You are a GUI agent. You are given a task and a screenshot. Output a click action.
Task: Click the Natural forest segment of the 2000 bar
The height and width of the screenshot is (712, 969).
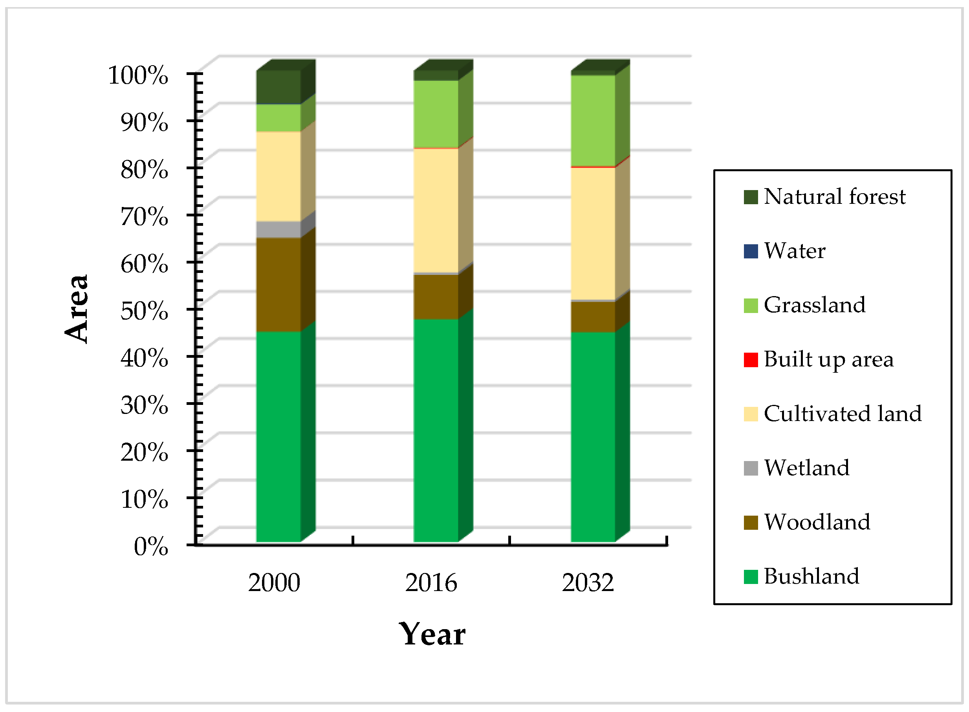278,87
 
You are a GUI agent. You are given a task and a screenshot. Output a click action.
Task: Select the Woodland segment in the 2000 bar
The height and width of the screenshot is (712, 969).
278,284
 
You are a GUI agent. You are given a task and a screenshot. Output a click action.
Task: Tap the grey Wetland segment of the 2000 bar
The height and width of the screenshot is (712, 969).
278,230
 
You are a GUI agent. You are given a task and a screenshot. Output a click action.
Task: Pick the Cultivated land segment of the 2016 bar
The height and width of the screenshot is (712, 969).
436,211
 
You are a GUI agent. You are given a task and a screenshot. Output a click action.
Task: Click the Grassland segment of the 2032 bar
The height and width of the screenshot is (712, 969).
593,121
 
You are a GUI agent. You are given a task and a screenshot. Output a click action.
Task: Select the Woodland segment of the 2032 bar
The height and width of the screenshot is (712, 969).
593,317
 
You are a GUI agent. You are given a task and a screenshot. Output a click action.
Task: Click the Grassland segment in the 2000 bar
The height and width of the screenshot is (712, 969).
278,118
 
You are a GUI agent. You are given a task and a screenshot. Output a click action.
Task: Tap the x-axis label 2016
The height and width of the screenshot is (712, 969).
430,583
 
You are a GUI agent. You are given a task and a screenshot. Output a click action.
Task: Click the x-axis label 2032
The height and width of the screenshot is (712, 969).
588,583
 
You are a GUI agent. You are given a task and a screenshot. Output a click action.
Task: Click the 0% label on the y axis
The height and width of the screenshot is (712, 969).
150,547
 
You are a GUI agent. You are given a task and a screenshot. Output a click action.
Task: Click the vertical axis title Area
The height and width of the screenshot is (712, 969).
77,309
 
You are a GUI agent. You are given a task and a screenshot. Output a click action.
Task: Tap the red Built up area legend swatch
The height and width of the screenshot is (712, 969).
751,360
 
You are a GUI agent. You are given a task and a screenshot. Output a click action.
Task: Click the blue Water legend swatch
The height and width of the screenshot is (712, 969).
751,251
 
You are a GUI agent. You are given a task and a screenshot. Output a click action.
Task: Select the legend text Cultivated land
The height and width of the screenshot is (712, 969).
843,414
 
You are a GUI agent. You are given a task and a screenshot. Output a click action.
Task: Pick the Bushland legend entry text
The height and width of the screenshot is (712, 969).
811,576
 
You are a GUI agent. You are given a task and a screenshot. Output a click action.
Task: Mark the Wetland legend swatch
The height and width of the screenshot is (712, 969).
751,468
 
